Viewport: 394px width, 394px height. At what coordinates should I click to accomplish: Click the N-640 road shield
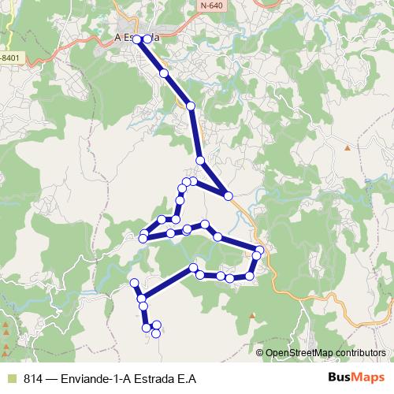tap(210, 6)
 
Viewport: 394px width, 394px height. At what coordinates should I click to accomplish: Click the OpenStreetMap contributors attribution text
tap(325, 352)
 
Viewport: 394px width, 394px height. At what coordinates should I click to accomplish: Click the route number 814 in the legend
tap(32, 378)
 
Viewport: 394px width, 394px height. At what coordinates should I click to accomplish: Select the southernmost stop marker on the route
tap(155, 333)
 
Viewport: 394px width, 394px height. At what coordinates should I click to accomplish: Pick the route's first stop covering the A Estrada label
tap(137, 39)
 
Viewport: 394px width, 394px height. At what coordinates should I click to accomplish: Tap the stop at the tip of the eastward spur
tap(228, 195)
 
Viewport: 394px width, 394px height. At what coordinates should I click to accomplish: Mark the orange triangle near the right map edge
tap(347, 147)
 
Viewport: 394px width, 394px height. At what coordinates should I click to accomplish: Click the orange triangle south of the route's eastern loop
tap(252, 315)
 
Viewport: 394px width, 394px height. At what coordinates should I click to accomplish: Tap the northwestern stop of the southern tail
tap(133, 282)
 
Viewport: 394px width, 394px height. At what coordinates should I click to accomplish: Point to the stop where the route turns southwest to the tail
tap(194, 269)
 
